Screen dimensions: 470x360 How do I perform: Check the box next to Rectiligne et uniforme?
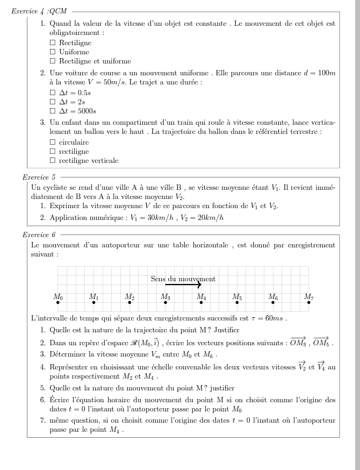[x=53, y=62]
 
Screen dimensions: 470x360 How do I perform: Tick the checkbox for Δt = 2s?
[x=53, y=102]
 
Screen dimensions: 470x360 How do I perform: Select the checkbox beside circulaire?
[x=53, y=142]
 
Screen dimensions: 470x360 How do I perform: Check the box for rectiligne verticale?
[x=53, y=160]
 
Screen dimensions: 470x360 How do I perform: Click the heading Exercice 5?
[x=39, y=176]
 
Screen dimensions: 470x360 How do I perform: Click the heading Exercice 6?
[x=39, y=234]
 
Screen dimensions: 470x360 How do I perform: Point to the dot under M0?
[x=58, y=303]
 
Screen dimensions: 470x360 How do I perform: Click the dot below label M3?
[x=165, y=303]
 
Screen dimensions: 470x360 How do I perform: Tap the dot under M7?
[x=308, y=303]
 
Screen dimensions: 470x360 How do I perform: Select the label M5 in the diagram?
[x=237, y=296]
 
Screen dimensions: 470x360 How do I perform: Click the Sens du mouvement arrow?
[x=183, y=285]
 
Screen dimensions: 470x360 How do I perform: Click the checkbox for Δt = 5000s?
[x=53, y=111]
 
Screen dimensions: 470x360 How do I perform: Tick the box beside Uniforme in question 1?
[x=53, y=52]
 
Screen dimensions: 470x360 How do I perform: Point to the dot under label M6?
[x=273, y=303]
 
